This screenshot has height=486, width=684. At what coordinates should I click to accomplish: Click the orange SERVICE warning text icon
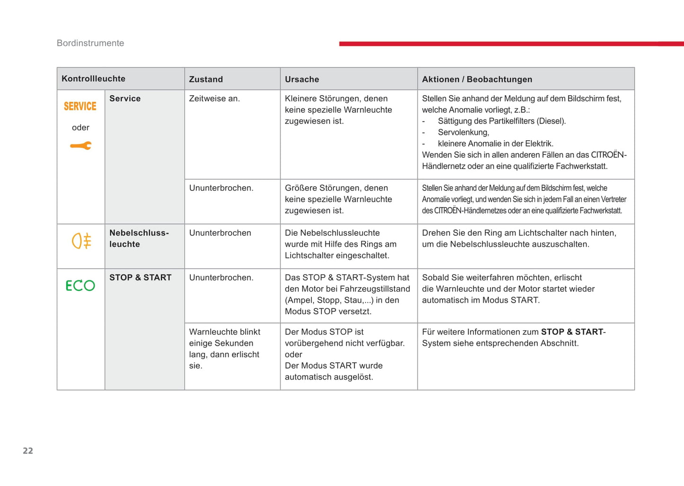pos(80,107)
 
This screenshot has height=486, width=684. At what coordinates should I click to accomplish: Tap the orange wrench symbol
pos(80,146)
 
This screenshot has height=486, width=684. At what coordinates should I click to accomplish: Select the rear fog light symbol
pos(81,241)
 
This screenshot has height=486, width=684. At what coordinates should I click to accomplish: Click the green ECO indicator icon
pos(80,285)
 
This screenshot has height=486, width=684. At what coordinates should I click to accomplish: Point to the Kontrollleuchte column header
pos(93,79)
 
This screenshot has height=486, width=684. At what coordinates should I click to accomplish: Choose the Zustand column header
pos(206,79)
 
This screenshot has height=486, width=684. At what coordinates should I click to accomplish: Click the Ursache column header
pos(302,79)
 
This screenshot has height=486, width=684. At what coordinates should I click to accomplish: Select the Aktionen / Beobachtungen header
pos(477,79)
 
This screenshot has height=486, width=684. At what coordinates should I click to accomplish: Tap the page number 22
pos(28,451)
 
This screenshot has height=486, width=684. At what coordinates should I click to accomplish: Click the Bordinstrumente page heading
pos(90,43)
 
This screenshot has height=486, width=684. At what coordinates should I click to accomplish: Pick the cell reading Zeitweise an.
pos(214,99)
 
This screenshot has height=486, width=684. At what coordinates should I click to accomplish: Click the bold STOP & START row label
pos(141,278)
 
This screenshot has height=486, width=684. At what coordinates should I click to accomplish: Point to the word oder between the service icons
pos(80,127)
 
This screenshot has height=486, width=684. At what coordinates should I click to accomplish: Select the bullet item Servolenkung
pos(463,132)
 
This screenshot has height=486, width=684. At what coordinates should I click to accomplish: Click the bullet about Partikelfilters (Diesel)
pos(502,121)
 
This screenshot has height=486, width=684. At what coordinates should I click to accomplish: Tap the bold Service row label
pos(125,99)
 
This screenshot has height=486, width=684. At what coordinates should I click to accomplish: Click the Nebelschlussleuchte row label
pos(139,238)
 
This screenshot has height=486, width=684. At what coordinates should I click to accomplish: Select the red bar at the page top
pos(511,44)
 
